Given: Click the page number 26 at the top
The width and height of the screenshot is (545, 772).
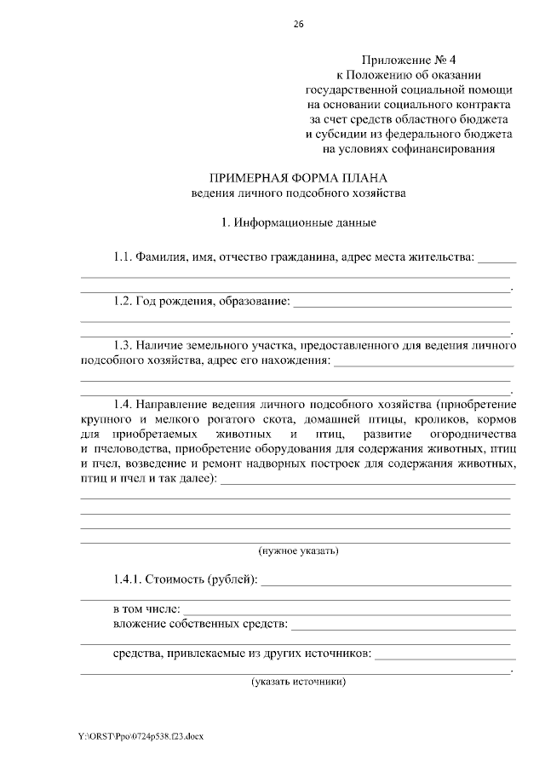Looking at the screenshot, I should click(298, 23).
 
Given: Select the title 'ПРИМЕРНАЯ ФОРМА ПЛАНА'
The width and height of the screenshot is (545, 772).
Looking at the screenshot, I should click(298, 177).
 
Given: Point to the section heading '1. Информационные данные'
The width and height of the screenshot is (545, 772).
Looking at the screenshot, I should click(298, 223).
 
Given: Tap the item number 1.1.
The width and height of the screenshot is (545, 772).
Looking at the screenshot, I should click(123, 256).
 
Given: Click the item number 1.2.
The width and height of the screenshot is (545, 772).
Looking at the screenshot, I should click(123, 301).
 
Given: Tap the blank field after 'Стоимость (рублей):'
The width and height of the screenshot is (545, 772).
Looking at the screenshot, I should click(385, 582).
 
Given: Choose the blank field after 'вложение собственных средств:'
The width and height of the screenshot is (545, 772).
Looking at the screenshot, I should click(400, 626).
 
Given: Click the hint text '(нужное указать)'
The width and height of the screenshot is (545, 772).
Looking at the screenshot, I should click(299, 550).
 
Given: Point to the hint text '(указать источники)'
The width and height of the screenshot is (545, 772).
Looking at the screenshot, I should click(298, 682).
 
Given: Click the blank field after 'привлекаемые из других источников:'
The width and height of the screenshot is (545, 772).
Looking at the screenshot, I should click(445, 655).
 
